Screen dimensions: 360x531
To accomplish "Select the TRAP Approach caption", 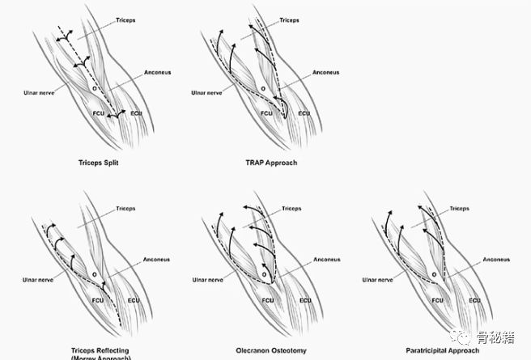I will click(271, 163).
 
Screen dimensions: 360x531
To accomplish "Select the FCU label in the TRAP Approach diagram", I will click(266, 113).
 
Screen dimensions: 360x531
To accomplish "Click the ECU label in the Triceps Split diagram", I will click(135, 113).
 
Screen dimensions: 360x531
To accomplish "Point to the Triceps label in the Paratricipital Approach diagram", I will click(459, 208).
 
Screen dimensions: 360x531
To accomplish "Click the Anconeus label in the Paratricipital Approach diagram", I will click(496, 260).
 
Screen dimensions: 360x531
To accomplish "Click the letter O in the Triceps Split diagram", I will click(94, 87).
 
